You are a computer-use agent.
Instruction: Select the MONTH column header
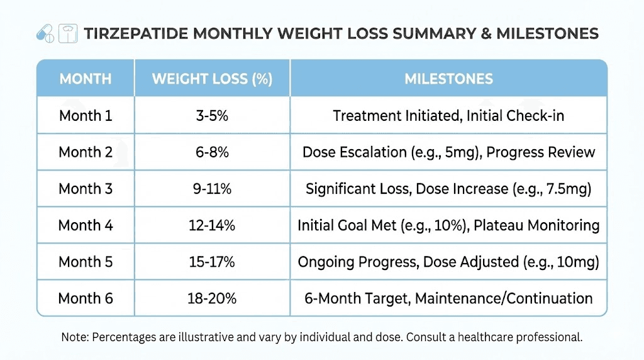click(x=86, y=79)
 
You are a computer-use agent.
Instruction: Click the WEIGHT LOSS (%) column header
click(x=212, y=79)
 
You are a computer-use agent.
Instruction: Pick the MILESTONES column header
click(x=448, y=79)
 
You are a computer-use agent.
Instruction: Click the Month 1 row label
click(x=86, y=116)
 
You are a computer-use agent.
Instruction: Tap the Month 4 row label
click(x=86, y=225)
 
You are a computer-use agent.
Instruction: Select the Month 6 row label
click(x=86, y=298)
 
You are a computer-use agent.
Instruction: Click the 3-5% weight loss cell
click(x=212, y=116)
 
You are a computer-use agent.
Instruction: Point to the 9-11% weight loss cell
click(x=212, y=189)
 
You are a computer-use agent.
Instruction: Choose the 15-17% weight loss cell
click(x=212, y=262)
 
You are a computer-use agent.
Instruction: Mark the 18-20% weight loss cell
click(x=212, y=298)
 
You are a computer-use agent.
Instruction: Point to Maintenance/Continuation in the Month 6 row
click(x=504, y=298)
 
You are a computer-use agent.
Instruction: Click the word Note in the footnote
click(x=74, y=337)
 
